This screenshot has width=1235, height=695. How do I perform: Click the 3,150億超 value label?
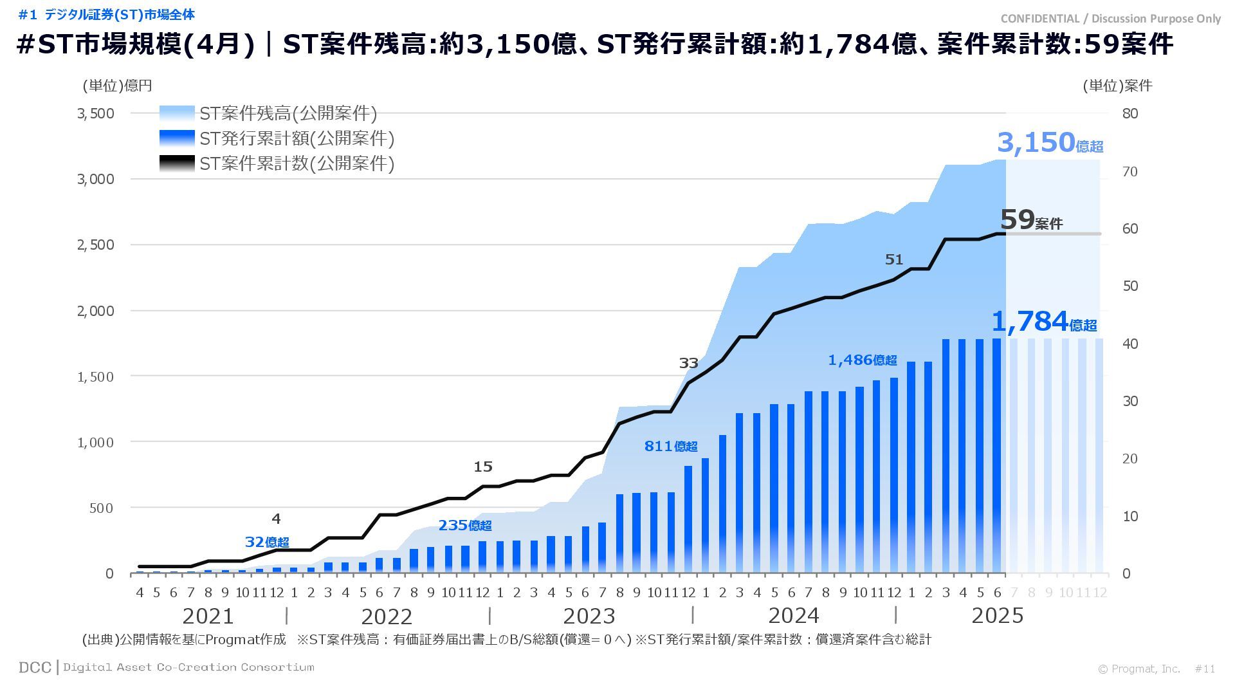[1050, 143]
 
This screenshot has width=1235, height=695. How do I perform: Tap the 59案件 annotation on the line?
[1031, 220]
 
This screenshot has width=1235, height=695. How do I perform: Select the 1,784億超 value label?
[1043, 322]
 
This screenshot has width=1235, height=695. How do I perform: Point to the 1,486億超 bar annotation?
[862, 360]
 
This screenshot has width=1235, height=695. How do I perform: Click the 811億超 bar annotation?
[670, 446]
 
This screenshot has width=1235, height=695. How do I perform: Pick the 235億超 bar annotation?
[464, 525]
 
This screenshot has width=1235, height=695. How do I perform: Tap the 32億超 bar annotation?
[267, 542]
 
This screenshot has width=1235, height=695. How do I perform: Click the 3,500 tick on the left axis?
[96, 114]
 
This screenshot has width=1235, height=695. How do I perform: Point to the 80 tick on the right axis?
[1130, 114]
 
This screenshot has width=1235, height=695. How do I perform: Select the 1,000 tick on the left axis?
[96, 443]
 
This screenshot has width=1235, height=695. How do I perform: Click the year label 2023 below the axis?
[589, 616]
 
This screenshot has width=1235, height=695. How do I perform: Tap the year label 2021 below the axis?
[208, 616]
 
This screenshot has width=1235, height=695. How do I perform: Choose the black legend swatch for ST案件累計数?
[177, 163]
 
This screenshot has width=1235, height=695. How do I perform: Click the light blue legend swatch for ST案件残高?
[177, 114]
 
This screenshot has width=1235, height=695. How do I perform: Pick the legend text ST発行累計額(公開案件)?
[297, 138]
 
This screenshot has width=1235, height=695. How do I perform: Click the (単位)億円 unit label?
[117, 86]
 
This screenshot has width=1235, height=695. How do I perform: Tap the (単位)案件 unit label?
[1117, 86]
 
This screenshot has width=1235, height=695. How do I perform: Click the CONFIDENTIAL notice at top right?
[1110, 19]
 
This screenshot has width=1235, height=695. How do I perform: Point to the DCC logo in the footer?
[35, 667]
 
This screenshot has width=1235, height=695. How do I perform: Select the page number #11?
[1205, 669]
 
